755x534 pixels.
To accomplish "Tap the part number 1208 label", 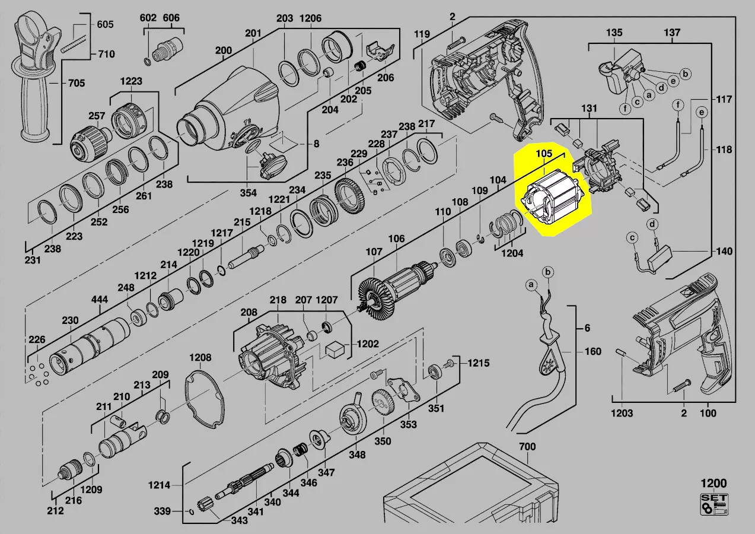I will point(200,357).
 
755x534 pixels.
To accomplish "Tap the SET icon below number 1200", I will point(714,504).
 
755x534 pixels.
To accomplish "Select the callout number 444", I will point(100,300).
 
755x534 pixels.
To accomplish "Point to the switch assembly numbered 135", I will point(617,74).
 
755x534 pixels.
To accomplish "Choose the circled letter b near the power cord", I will point(549,272).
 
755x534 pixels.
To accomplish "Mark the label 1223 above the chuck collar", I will point(131,81).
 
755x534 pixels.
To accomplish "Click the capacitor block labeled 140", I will point(664,259).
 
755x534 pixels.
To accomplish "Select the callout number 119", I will point(422,34).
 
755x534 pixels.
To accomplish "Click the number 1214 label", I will point(159,485).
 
